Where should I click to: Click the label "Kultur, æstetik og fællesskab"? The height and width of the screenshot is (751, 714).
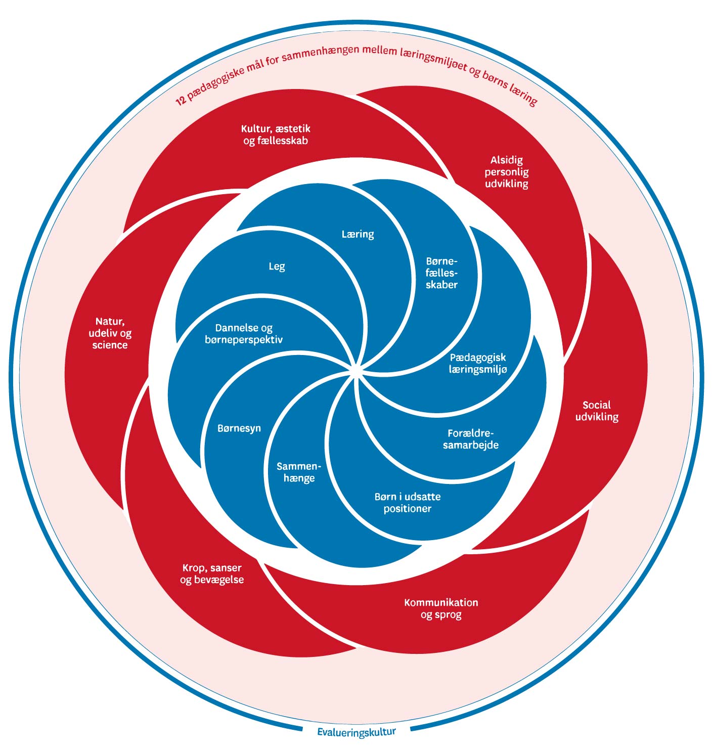(x=276, y=135)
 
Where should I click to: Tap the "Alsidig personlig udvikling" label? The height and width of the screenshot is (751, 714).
(x=506, y=172)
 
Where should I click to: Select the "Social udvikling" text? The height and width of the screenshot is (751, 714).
(x=597, y=411)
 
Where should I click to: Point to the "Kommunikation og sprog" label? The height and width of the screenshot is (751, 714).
(x=441, y=608)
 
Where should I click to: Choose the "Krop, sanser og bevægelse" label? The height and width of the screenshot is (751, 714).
(x=212, y=573)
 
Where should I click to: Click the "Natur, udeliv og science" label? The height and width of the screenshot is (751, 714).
(x=110, y=333)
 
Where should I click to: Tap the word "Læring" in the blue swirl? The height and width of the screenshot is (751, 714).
(x=358, y=234)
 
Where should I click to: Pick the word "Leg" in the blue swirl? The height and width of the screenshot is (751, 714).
(x=277, y=266)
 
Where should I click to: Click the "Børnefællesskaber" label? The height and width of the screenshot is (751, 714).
(x=441, y=273)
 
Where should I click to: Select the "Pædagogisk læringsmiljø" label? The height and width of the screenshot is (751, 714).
(x=478, y=363)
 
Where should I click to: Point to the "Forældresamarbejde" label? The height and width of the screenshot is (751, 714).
(x=471, y=439)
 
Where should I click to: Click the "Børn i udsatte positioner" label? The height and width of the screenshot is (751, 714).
(x=408, y=503)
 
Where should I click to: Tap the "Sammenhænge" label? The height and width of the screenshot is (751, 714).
(x=299, y=472)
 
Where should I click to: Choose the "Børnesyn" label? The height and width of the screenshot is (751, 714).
(x=239, y=428)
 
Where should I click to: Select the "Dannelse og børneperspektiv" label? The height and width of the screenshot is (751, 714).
(x=244, y=334)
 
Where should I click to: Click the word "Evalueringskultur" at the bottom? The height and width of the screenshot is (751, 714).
(x=356, y=732)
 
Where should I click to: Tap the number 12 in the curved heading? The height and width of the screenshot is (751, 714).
(x=181, y=100)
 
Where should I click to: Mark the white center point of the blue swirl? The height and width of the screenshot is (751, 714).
(x=356, y=372)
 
